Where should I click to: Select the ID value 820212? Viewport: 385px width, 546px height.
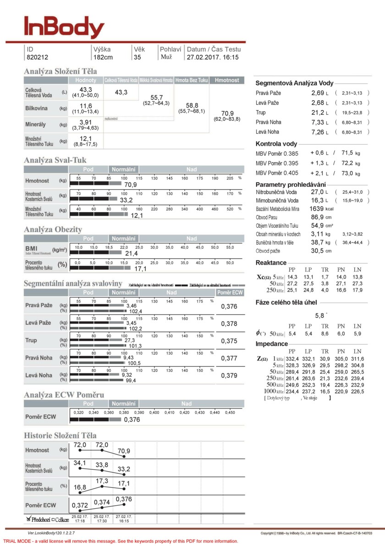38,57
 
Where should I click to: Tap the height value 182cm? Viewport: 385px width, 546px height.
103,57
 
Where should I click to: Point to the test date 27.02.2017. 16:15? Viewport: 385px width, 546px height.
213,57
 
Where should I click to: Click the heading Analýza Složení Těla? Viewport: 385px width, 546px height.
60,71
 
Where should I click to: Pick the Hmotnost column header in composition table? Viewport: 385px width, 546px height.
227,80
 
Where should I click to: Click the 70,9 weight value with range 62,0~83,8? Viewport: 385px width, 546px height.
227,113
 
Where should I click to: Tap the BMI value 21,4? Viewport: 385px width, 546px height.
132,253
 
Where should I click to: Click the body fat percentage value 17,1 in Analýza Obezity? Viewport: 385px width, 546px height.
140,268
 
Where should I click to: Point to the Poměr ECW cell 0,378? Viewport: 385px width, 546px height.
229,324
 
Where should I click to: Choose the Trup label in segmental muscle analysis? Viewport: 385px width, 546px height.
32,340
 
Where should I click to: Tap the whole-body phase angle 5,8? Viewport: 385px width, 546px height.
319,315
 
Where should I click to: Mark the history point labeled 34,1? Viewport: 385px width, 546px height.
80,462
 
